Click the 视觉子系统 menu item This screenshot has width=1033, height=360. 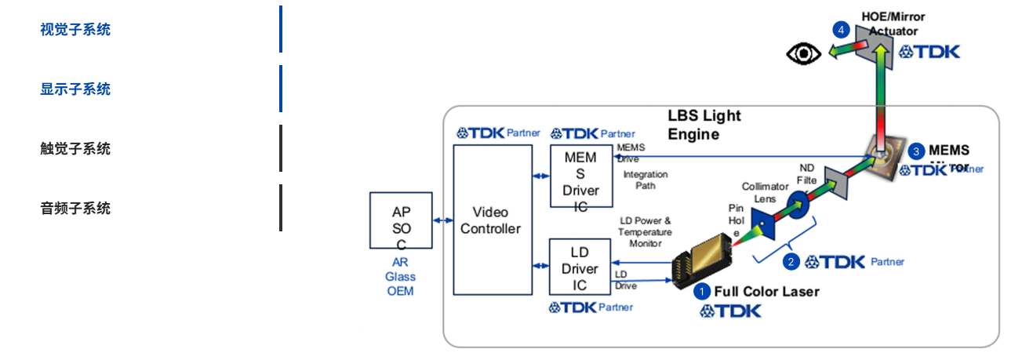(x=75, y=30)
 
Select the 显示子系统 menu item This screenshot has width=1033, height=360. (x=75, y=89)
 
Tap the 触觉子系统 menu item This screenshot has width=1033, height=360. (x=75, y=149)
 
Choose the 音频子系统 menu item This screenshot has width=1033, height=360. (x=75, y=209)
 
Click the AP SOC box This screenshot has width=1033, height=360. (x=401, y=220)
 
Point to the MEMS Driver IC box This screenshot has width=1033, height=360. (x=580, y=177)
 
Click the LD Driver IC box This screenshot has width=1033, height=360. (x=580, y=267)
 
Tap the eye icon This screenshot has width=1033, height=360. (x=804, y=53)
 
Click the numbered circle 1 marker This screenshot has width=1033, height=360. (x=701, y=292)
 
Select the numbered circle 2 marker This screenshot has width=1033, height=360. (x=791, y=262)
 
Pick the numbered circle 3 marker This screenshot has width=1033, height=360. (x=916, y=151)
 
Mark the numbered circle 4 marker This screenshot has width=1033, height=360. (x=842, y=30)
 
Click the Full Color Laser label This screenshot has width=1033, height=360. (x=766, y=292)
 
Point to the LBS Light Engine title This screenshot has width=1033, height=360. (x=704, y=125)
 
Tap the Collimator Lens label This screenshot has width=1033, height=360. (x=765, y=193)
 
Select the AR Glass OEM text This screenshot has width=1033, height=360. (x=400, y=277)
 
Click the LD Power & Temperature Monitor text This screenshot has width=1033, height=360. (x=645, y=232)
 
